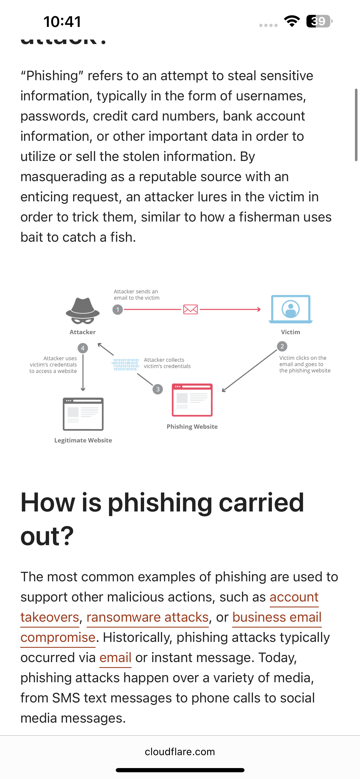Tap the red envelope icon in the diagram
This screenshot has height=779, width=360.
click(190, 309)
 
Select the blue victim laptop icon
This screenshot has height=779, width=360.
click(290, 309)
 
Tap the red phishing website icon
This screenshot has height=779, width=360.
click(192, 400)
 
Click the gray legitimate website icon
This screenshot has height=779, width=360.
click(83, 414)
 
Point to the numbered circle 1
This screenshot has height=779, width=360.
click(117, 310)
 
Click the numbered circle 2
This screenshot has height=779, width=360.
click(282, 346)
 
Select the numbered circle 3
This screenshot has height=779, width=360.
click(158, 389)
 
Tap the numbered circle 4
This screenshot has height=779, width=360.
click(82, 348)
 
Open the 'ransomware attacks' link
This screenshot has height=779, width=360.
click(147, 617)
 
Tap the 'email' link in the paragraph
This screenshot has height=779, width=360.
click(115, 657)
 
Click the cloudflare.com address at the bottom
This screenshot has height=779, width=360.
click(180, 752)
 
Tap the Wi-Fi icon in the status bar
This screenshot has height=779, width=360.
click(292, 21)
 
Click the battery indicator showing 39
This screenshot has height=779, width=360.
click(319, 21)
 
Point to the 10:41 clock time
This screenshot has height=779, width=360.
click(62, 22)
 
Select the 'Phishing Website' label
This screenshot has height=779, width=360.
click(192, 427)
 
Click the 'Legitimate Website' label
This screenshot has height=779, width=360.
click(83, 440)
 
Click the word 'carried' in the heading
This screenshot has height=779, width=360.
click(261, 502)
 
